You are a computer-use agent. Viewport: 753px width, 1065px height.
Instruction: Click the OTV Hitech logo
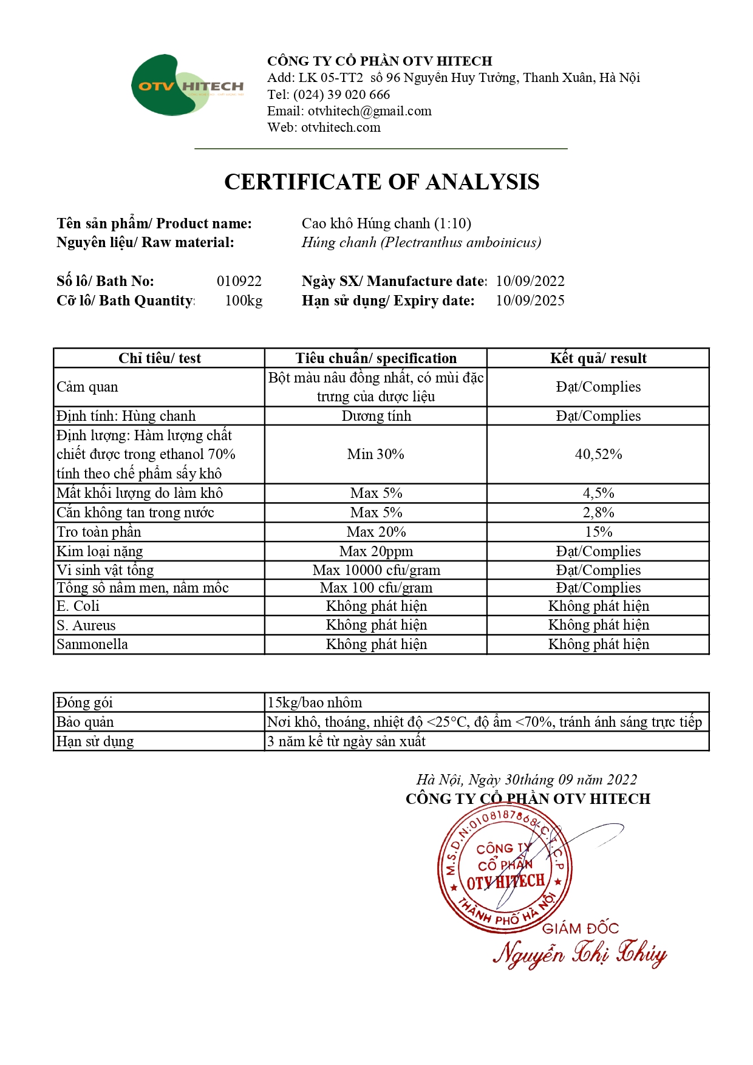click(187, 86)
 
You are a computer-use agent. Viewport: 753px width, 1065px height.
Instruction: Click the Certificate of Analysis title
click(381, 182)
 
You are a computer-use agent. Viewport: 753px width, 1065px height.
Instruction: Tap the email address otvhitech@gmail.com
click(369, 111)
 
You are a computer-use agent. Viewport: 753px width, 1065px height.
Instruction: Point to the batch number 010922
click(239, 281)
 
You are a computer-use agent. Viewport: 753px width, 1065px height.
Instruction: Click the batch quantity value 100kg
click(244, 301)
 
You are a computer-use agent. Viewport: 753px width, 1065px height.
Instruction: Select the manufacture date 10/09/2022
click(530, 281)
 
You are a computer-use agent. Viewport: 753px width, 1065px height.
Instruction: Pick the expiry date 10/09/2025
click(530, 301)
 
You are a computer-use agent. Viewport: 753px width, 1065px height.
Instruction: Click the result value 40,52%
click(598, 454)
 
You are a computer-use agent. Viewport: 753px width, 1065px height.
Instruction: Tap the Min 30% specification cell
click(375, 454)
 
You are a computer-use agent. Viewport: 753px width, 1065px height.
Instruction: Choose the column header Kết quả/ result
click(598, 358)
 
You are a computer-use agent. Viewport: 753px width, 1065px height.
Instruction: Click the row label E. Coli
click(78, 606)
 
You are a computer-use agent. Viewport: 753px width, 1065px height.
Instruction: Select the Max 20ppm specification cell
click(376, 551)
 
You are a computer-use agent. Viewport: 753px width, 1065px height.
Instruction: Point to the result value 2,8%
click(598, 512)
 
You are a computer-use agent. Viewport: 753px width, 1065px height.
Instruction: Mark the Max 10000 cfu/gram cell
click(376, 570)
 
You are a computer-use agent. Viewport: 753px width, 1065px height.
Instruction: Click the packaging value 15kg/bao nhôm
click(315, 703)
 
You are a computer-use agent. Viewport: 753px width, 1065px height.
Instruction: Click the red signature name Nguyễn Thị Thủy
click(579, 953)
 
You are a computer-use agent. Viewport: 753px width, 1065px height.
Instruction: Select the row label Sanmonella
click(92, 644)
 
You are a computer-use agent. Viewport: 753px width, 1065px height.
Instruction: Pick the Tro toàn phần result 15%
click(598, 532)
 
